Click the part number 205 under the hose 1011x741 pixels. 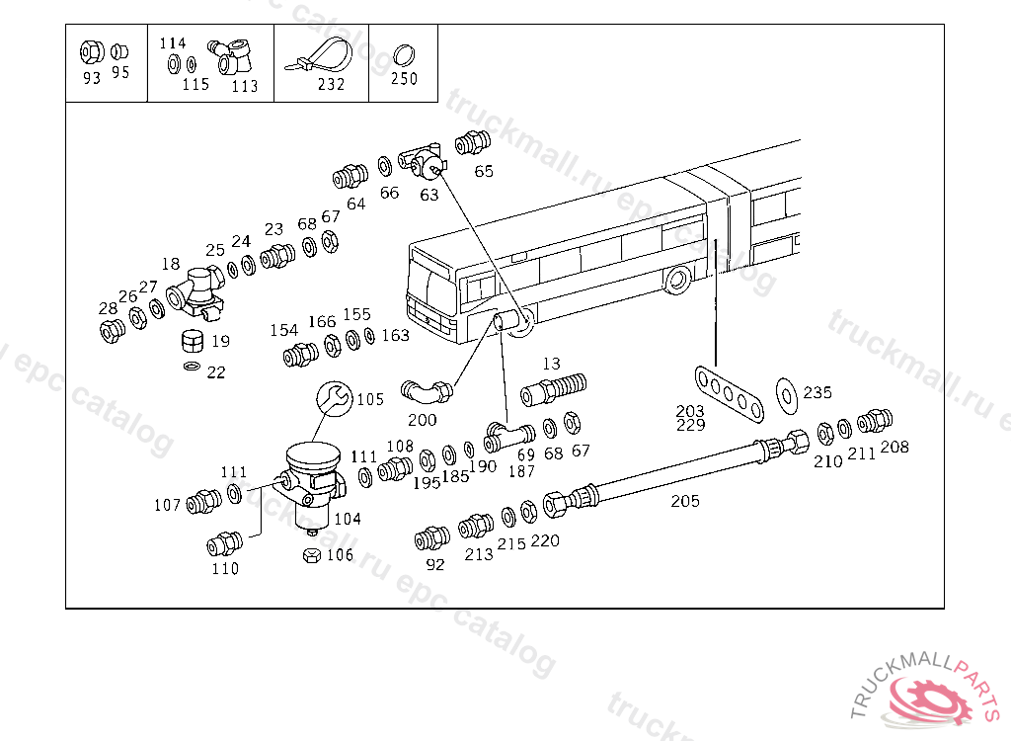685,501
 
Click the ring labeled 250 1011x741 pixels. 403,53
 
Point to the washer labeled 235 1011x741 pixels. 787,392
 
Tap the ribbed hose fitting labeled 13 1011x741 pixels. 554,387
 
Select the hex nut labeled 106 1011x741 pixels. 311,555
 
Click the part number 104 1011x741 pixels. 348,519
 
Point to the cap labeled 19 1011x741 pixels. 193,343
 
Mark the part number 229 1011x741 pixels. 690,426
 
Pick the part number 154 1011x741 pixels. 284,330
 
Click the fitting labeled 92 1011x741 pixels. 431,538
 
